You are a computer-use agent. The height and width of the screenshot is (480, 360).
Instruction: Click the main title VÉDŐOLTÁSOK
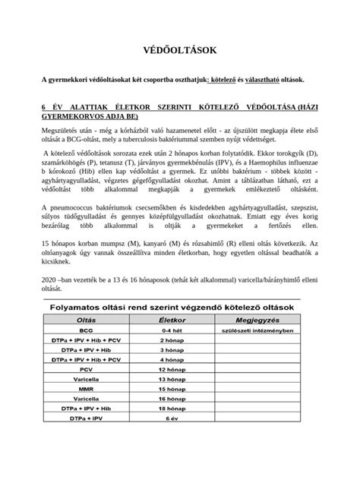point(180,50)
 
